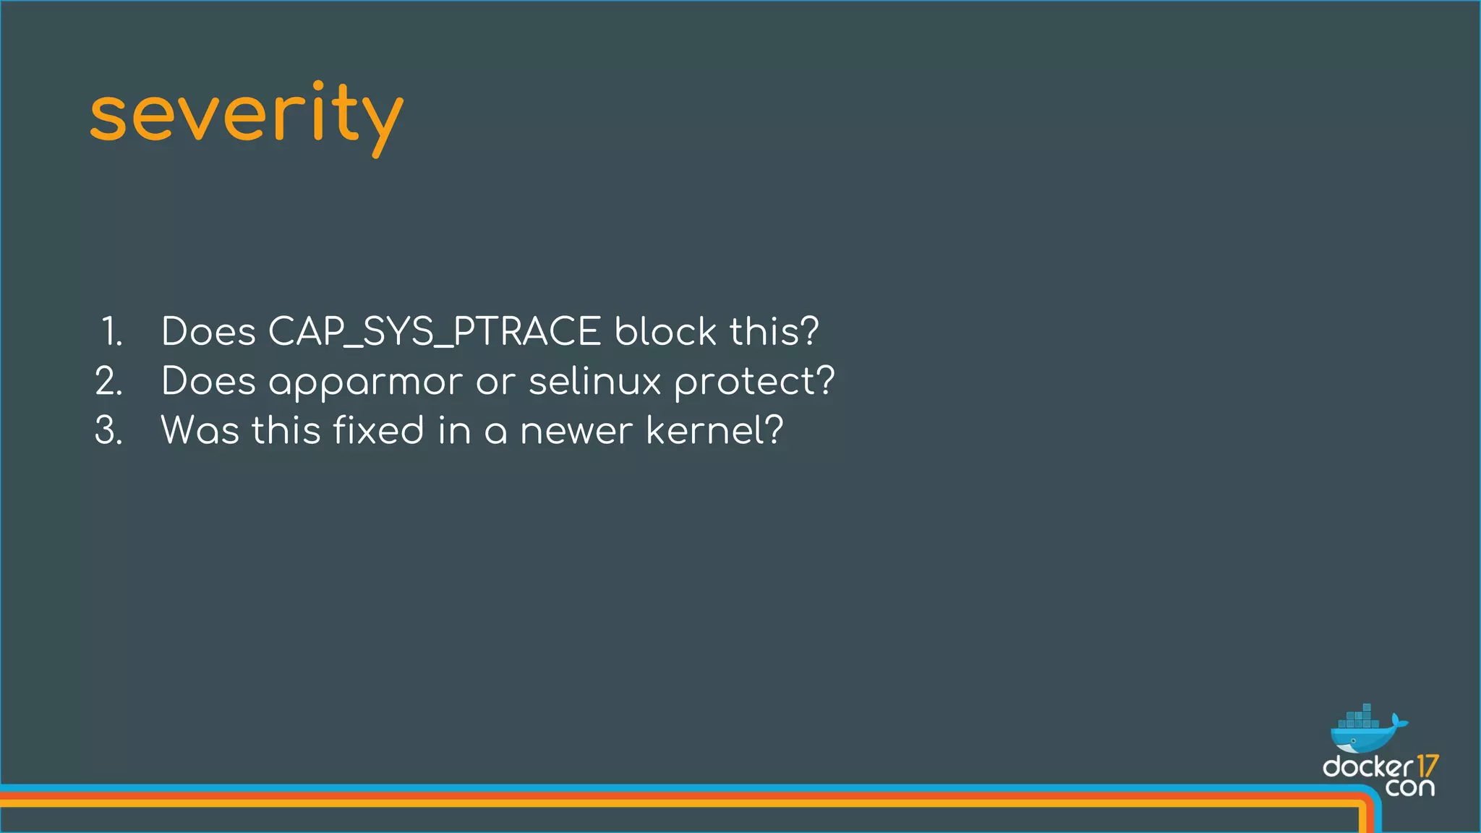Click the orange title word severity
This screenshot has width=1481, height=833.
246,116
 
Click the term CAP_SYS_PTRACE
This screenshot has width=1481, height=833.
434,332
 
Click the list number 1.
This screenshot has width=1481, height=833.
111,332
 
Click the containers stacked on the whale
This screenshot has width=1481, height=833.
1359,717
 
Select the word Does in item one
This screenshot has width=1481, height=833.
208,332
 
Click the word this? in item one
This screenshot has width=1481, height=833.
774,332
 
